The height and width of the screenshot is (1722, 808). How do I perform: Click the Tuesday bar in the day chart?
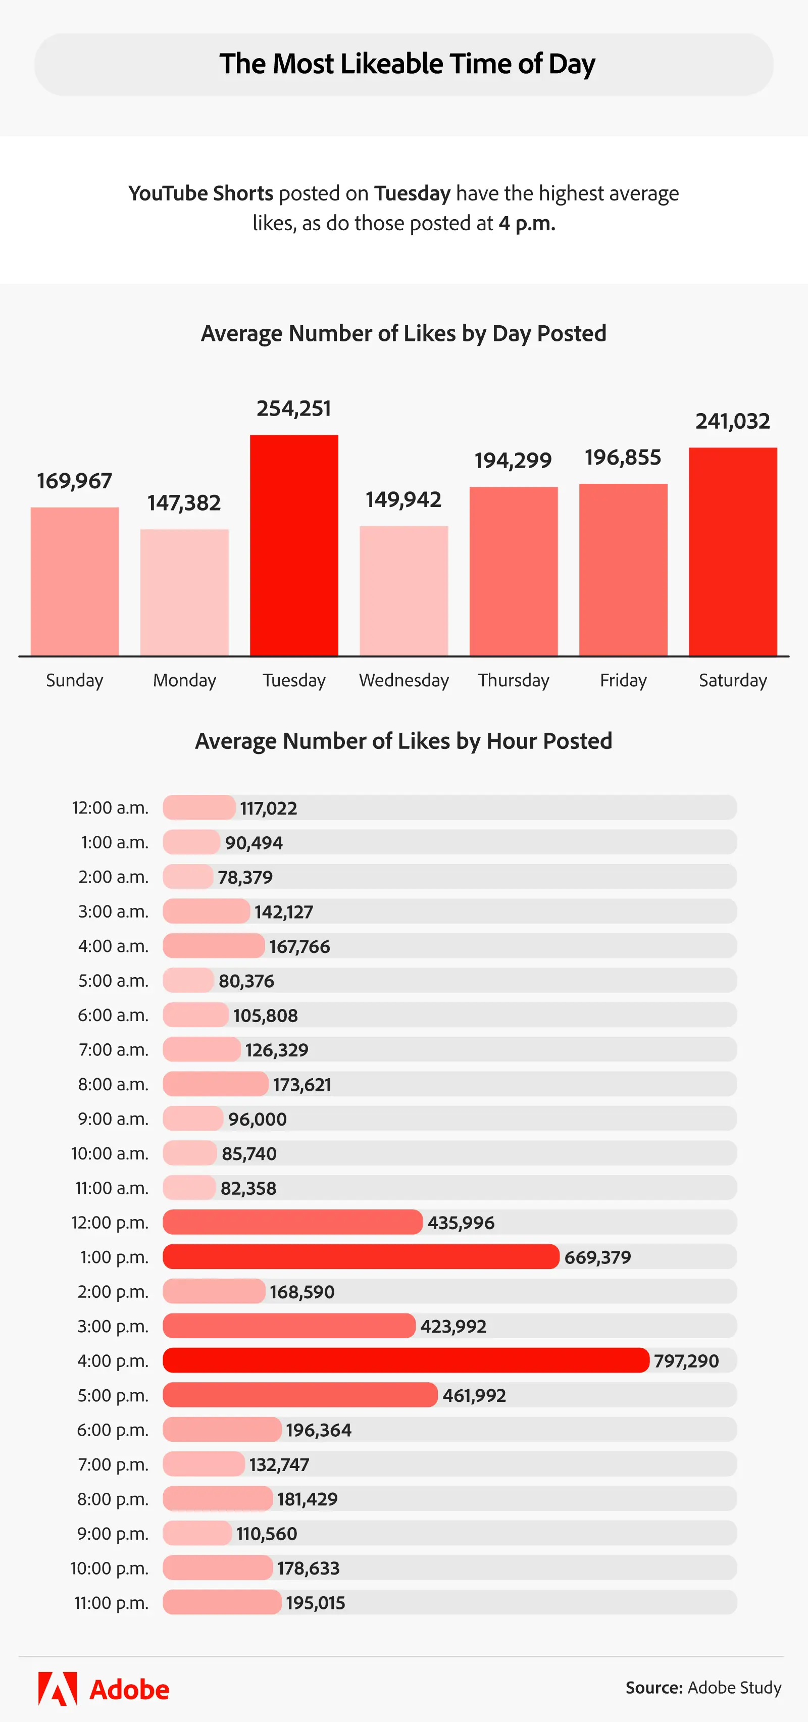tap(294, 545)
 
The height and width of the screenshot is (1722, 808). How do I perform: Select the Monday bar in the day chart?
tap(184, 592)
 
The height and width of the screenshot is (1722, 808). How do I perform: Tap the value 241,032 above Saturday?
tap(732, 421)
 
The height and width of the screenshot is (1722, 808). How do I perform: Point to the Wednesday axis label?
tap(403, 681)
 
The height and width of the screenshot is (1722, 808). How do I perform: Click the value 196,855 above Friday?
tap(623, 457)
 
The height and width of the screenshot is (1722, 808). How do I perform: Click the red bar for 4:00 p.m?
tap(406, 1360)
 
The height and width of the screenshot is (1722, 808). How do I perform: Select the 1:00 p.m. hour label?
tap(114, 1257)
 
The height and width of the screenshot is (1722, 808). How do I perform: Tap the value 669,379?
tap(597, 1257)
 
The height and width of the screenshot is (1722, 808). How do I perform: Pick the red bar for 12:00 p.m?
tap(293, 1222)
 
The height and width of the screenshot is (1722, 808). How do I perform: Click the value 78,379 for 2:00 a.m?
tap(245, 877)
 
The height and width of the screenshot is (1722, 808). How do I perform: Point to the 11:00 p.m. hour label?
tap(111, 1602)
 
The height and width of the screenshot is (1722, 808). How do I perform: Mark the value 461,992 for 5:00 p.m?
tap(474, 1395)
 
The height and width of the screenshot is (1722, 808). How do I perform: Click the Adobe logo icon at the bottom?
tap(58, 1689)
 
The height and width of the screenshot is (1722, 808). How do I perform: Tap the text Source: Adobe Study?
tap(703, 1688)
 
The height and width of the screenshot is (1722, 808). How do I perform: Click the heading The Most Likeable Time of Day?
tap(407, 64)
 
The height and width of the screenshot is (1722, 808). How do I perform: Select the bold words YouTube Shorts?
tap(200, 193)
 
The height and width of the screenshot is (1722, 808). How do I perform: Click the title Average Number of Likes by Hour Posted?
tap(403, 741)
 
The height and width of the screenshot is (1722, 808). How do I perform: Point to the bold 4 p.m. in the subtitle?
tap(527, 223)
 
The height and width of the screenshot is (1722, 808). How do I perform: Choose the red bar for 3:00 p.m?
tap(289, 1326)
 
